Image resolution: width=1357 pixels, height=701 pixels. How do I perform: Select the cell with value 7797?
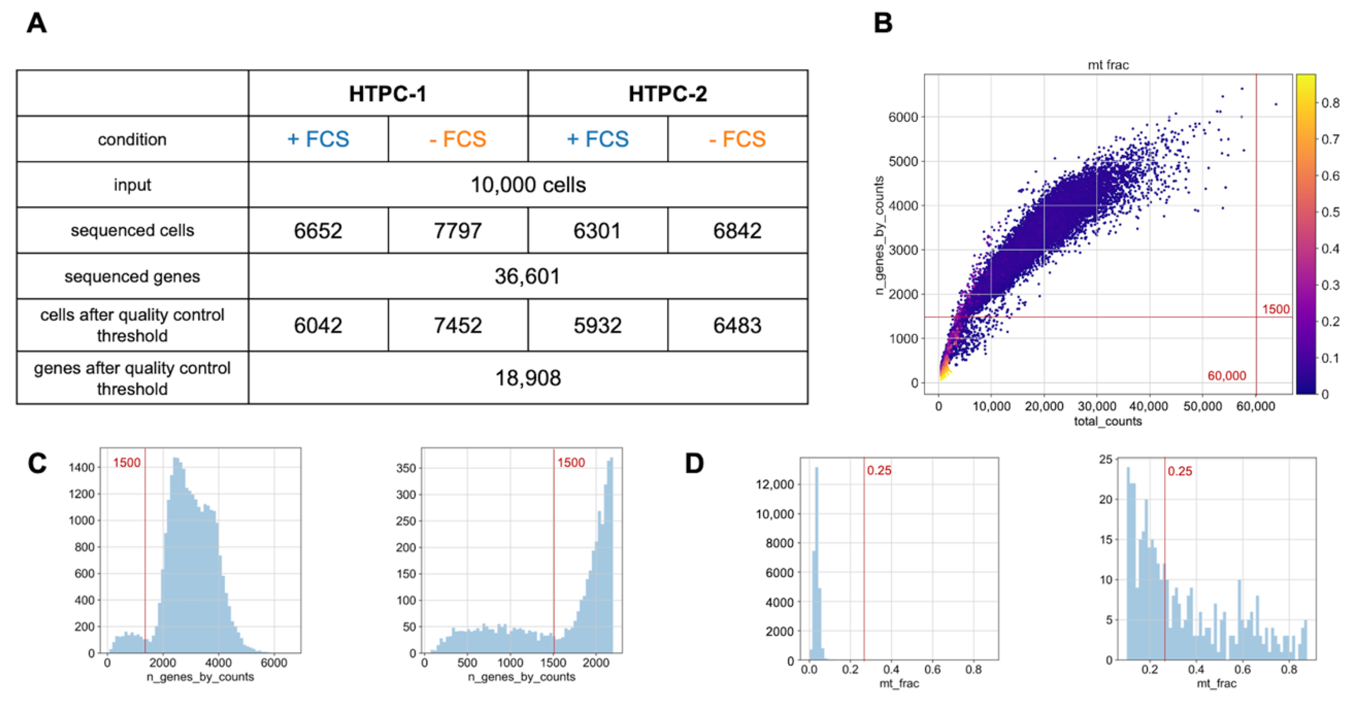click(x=457, y=231)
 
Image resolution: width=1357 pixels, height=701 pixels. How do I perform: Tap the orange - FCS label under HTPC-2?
click(x=737, y=139)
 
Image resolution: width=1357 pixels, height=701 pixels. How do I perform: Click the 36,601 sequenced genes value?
click(x=527, y=276)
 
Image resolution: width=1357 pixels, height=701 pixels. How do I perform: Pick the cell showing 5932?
click(x=598, y=325)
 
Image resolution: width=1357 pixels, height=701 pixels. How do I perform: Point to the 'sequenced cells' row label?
click(x=132, y=231)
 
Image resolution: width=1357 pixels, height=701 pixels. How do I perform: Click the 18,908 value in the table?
click(x=528, y=378)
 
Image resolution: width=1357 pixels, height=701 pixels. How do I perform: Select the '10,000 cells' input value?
click(x=528, y=185)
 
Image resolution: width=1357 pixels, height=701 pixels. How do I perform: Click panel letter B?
click(x=883, y=23)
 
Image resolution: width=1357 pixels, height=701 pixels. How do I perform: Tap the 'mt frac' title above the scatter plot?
click(x=1108, y=65)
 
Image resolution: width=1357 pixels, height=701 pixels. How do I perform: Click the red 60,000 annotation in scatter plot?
click(x=1226, y=376)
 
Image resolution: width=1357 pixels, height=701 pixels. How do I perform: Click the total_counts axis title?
click(x=1108, y=421)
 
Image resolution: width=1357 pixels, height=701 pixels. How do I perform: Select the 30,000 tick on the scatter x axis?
click(x=1097, y=406)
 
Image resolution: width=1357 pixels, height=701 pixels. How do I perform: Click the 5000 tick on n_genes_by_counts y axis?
click(x=903, y=162)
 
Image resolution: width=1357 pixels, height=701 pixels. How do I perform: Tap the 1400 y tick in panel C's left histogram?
click(x=81, y=467)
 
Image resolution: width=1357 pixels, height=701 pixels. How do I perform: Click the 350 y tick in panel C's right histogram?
click(x=406, y=468)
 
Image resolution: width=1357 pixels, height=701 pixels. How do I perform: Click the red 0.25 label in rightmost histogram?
click(x=1180, y=471)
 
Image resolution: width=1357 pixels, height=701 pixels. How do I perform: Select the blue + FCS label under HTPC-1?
click(x=318, y=139)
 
